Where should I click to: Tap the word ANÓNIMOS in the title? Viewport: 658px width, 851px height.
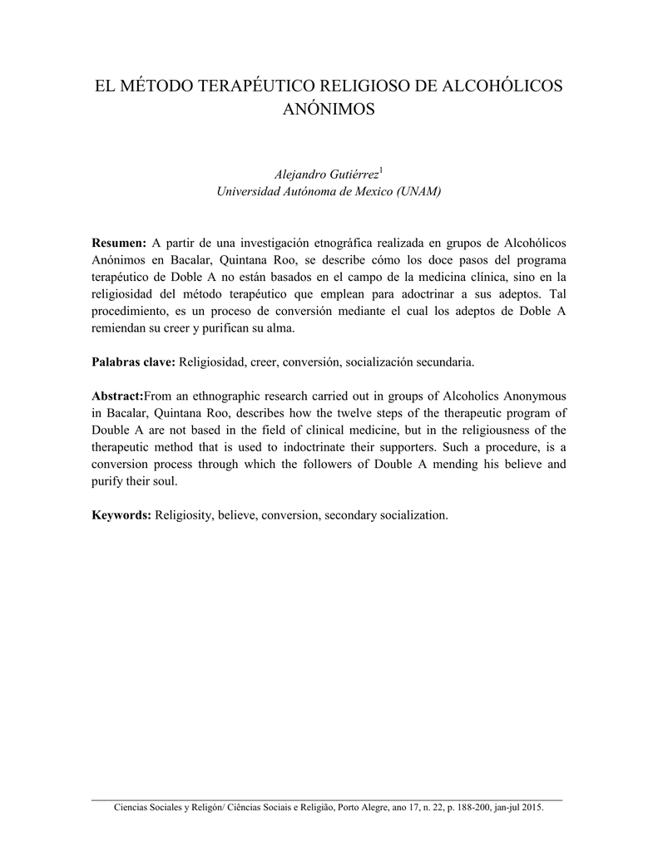(329, 110)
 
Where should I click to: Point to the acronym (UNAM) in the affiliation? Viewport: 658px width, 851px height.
(409, 192)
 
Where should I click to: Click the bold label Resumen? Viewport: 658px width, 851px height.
(118, 242)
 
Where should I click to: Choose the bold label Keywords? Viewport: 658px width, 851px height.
(121, 515)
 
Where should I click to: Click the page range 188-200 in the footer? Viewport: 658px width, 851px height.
(472, 807)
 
